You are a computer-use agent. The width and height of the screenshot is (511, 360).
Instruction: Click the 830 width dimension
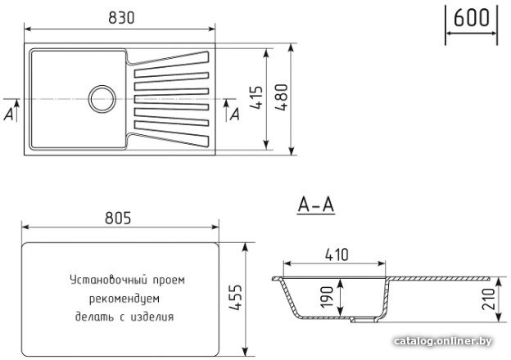pos(121,18)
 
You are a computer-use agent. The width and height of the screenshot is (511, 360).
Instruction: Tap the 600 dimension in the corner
pos(471,17)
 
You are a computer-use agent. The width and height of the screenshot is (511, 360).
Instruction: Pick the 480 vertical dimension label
pos(281,97)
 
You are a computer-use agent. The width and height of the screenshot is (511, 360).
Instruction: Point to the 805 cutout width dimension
pos(118,218)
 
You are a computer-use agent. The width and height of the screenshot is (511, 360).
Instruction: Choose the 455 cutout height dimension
pos(235,298)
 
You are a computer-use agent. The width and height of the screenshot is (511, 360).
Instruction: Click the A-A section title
pos(316,205)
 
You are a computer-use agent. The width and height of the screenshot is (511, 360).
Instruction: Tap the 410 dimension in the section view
pos(337,254)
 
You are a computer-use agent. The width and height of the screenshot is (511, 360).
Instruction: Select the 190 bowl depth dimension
pos(327,296)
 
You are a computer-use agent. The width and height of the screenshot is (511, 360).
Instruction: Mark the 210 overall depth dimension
pos(488,299)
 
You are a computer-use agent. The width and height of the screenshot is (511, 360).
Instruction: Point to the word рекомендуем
pos(124,299)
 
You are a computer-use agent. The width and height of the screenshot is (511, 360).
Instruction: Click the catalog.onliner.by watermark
pos(443,341)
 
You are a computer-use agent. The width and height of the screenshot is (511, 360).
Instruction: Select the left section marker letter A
pos(9,114)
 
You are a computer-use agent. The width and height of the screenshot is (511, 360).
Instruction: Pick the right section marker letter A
pos(235,114)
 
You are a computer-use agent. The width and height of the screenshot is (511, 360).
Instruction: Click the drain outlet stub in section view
pos(364,320)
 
